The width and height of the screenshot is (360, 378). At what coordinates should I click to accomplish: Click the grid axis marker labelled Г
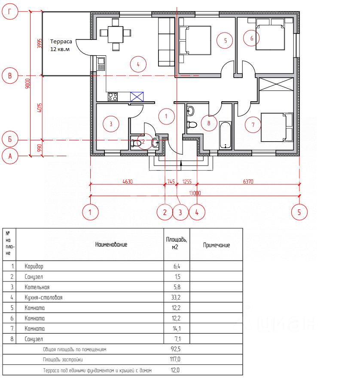point(10,11)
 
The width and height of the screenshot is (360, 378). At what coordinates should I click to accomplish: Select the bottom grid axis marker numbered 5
point(299,212)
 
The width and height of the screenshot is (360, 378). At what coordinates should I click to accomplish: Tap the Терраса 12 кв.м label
point(61,45)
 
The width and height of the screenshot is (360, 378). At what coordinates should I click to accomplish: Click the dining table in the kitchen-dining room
point(116,34)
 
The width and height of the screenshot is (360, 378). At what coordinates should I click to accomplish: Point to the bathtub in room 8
point(225,136)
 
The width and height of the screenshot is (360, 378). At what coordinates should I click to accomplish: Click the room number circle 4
point(138,64)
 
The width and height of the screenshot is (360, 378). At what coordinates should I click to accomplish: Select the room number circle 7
point(253,125)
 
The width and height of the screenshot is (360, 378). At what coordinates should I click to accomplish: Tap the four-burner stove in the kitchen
point(113,97)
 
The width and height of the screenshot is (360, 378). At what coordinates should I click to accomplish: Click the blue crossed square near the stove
point(137,97)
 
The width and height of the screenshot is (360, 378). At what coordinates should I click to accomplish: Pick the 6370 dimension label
point(248,181)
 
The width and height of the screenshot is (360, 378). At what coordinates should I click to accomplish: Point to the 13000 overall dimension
point(195,193)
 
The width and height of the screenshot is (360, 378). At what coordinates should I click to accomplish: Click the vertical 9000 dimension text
point(28,83)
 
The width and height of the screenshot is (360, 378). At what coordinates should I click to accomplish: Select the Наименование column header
point(111,245)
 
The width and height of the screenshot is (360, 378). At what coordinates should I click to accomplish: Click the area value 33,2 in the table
point(176,297)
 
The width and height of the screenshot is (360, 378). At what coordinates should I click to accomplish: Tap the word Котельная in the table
point(37,287)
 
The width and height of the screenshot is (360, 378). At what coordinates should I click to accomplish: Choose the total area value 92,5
point(176,349)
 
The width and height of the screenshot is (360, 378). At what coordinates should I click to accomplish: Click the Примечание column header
point(217,245)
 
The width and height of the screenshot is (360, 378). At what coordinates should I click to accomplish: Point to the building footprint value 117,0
point(175,360)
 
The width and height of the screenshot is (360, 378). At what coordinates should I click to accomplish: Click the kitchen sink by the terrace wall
point(101,64)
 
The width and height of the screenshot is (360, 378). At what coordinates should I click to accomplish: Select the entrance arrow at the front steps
point(181,163)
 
